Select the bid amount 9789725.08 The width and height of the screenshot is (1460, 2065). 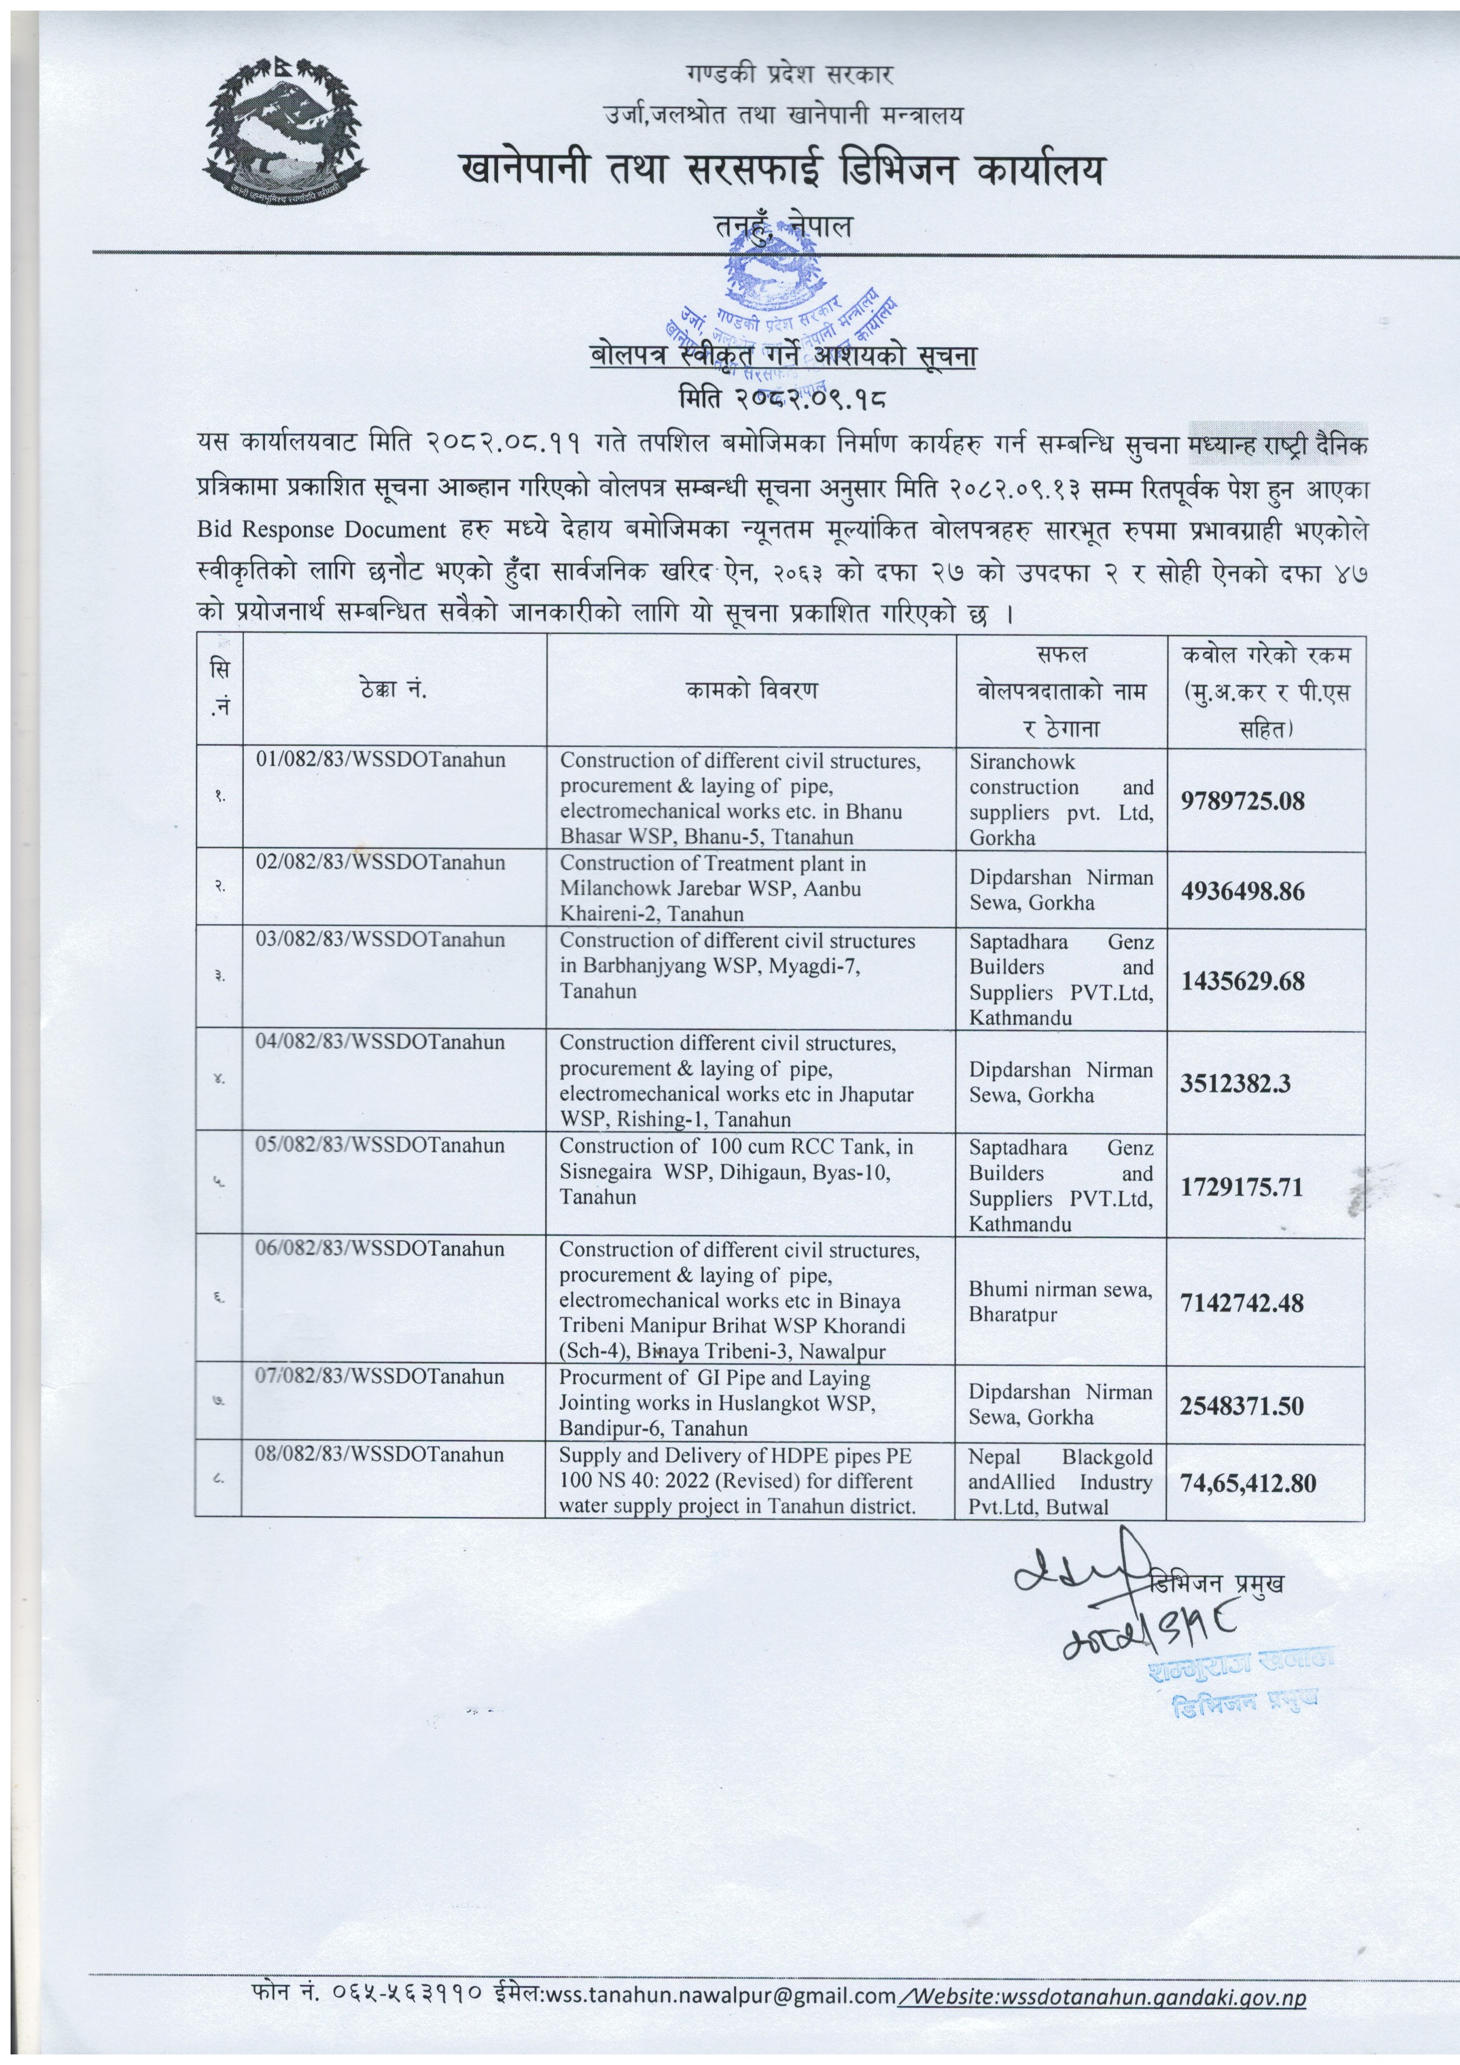1242,801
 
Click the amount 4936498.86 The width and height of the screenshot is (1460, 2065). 1242,891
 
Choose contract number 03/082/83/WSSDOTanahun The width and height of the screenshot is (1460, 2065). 380,940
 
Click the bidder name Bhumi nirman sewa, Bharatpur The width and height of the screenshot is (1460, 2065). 1060,1302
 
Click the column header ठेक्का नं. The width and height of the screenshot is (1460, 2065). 394,690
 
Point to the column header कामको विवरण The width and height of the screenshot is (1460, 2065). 751,690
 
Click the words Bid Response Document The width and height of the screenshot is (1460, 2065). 321,530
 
